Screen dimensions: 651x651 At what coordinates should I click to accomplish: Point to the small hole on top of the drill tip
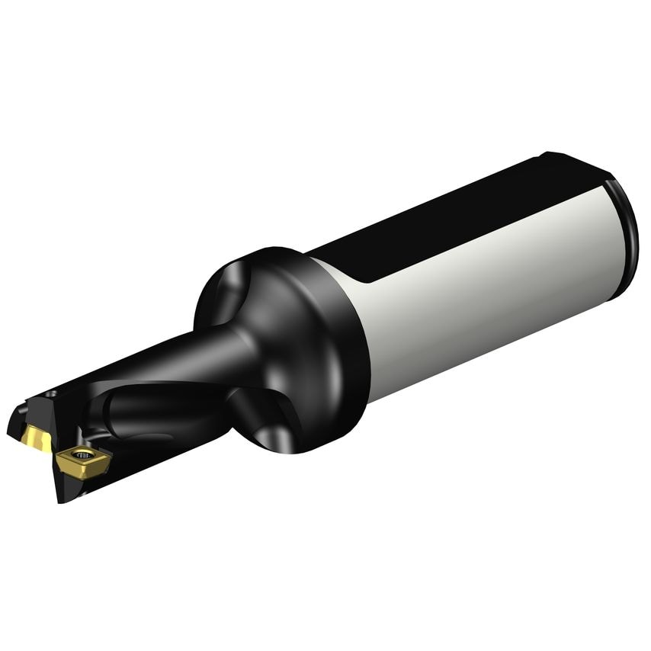tap(50, 394)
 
